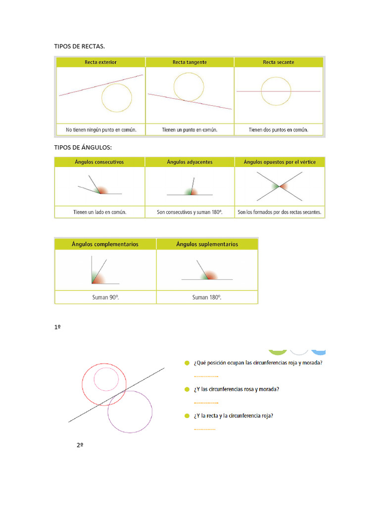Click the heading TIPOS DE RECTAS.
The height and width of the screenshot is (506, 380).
coord(79,46)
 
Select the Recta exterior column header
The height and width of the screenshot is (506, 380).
coord(100,62)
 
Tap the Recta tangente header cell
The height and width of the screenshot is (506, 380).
coord(190,62)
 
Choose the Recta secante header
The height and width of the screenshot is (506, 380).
coord(279,62)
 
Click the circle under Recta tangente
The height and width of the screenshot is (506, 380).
coord(189,86)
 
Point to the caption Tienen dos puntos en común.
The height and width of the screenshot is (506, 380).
coord(279,130)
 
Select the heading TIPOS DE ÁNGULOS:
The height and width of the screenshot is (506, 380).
coord(83,147)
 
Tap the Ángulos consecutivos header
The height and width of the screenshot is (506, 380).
coord(99,162)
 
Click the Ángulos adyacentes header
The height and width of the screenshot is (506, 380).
coord(190,162)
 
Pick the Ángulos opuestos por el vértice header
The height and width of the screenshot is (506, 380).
coord(280,162)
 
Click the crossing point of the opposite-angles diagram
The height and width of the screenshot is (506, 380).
coord(280,186)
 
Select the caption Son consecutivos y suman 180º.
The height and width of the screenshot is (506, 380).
coord(190,212)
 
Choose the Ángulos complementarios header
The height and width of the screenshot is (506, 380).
coord(105,244)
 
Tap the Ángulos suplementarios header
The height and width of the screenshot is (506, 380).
coord(207,244)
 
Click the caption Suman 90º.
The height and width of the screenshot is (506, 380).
coord(105,297)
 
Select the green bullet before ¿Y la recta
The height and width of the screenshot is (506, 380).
coord(187,416)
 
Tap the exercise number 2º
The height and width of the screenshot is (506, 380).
coord(80,445)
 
